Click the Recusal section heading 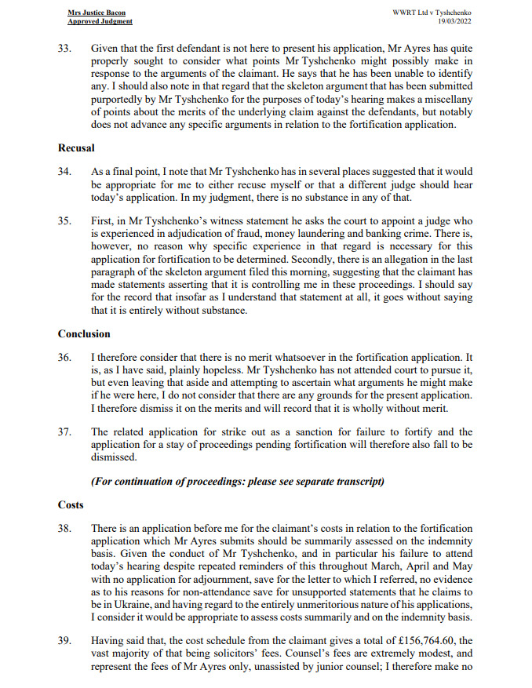coord(76,147)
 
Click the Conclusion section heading coord(84,333)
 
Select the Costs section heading coord(71,504)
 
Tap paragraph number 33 coord(65,48)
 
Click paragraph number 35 coord(65,222)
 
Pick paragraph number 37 coord(65,431)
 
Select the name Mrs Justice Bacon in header coord(90,13)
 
